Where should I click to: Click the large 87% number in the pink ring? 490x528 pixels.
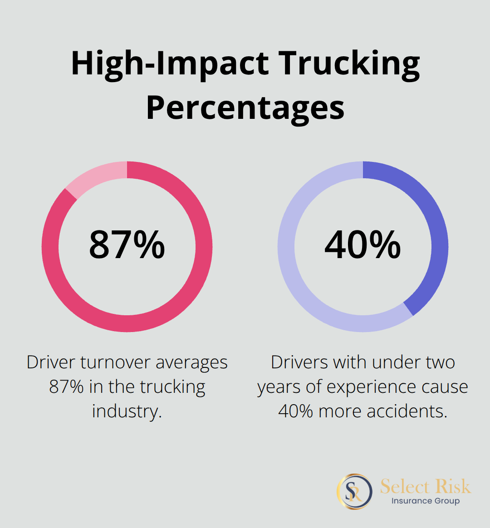pos(127,245)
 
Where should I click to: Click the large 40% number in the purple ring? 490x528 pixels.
pos(363,245)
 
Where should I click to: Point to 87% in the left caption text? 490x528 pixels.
pos(66,387)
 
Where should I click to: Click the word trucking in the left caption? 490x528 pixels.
pos(172,387)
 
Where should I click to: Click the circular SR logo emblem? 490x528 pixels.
pos(354,492)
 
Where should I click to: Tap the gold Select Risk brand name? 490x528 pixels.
pos(425,486)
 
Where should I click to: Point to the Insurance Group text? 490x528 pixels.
pos(425,501)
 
